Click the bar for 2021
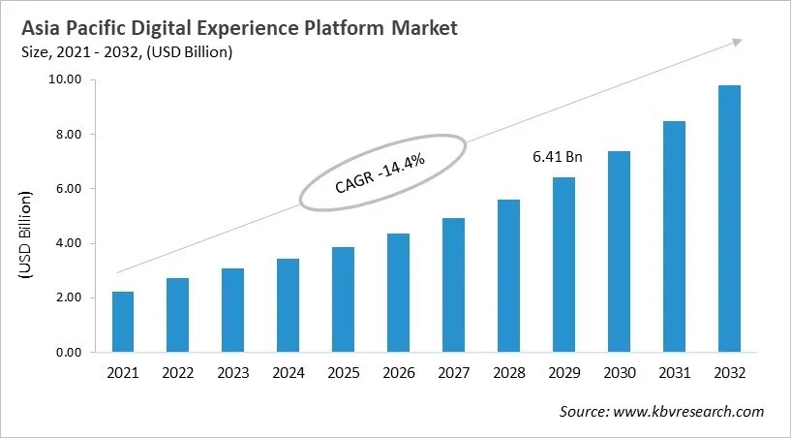click(x=122, y=322)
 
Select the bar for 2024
click(x=288, y=305)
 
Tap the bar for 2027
click(x=454, y=285)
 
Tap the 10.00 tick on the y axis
click(x=61, y=79)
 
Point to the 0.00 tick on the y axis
click(x=64, y=353)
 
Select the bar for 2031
click(x=675, y=236)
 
